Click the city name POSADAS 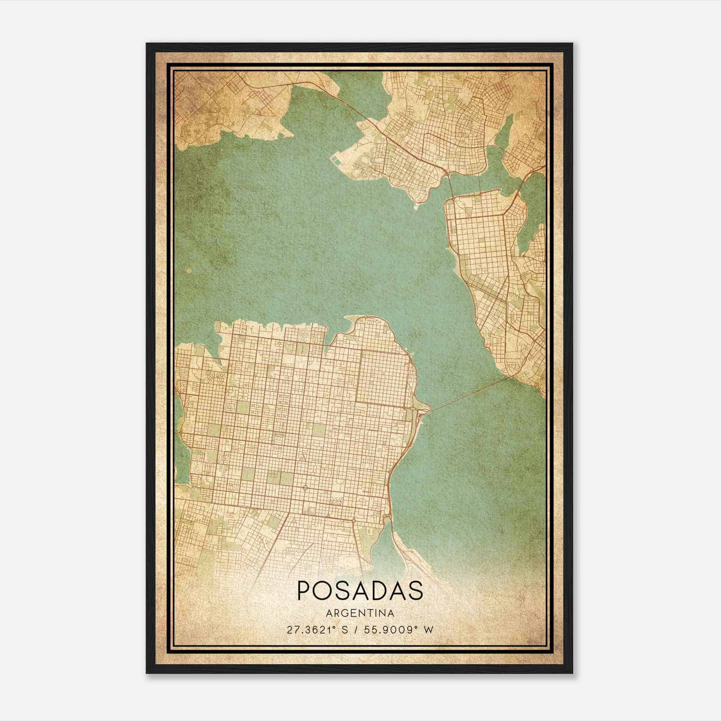360,591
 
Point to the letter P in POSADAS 304,591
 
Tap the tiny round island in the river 188,271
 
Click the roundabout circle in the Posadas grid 305,487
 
